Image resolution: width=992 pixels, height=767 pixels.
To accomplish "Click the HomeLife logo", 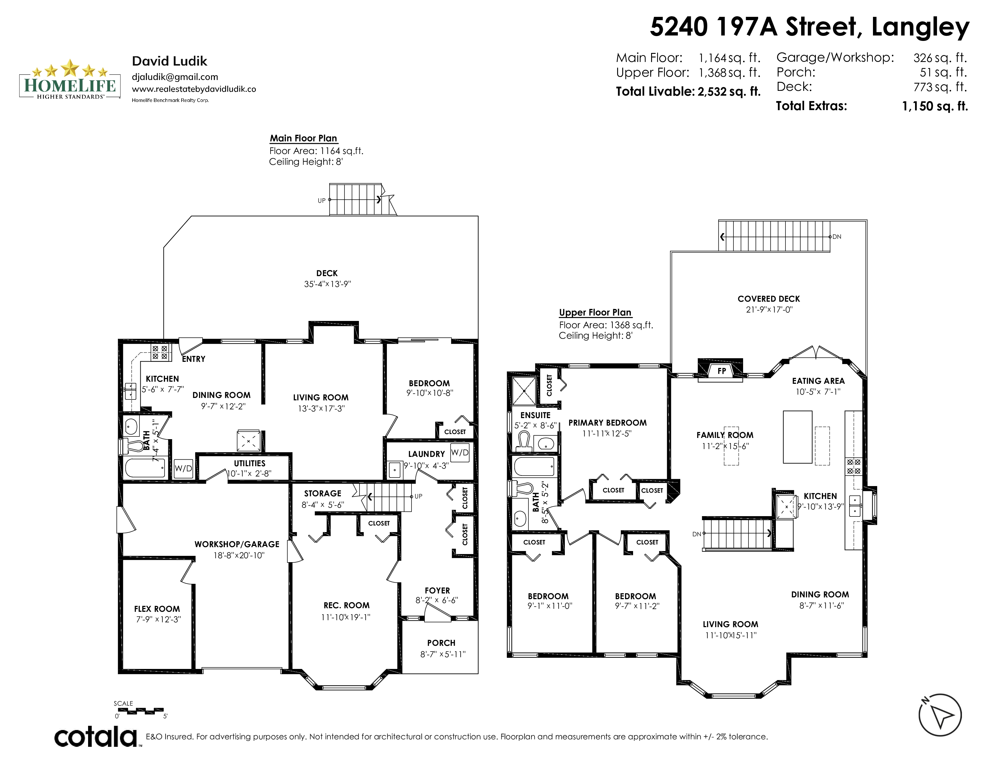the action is [70, 79].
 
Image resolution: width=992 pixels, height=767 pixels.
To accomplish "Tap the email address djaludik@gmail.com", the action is [175, 77].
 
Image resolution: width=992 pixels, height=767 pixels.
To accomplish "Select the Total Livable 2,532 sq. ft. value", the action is [729, 91].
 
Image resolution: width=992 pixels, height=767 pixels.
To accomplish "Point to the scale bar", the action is [139, 710].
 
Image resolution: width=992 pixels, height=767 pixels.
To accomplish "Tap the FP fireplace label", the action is [722, 371].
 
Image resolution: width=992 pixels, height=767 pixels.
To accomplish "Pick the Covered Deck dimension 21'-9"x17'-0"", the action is [769, 310].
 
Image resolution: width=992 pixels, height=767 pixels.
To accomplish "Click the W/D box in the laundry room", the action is [460, 453].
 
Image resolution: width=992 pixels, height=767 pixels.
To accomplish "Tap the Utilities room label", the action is [250, 464].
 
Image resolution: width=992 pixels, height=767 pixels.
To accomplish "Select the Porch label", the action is [441, 643].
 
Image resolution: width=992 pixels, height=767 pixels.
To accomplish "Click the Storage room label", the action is [323, 494].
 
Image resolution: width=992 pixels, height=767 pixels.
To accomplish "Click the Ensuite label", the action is [535, 415].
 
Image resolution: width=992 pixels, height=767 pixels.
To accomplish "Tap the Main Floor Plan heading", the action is [303, 138].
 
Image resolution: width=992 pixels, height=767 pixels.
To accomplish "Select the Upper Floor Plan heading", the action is [595, 312].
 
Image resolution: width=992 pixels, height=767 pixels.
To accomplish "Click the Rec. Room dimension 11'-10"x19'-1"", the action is [346, 617].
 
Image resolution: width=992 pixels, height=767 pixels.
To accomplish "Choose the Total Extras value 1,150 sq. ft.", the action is [935, 106].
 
